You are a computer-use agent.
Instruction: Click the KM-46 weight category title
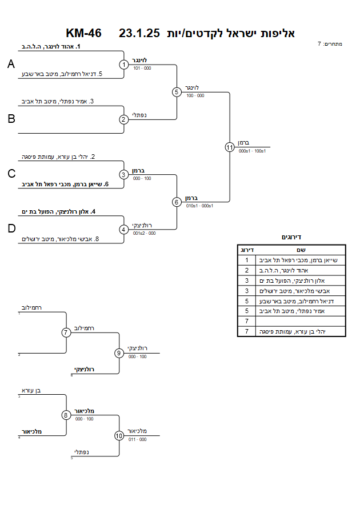[84, 33]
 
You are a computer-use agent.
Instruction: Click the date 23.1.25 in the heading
[139, 33]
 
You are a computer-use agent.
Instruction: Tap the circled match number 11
[230, 147]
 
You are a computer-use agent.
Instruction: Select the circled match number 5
[177, 92]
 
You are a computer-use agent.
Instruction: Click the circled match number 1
[123, 65]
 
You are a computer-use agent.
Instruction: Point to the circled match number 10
[119, 436]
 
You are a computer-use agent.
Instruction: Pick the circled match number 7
[66, 332]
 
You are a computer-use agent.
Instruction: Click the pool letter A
[11, 64]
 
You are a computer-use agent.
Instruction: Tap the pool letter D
[11, 229]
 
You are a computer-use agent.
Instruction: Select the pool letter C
[11, 174]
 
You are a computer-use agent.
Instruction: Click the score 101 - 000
[142, 68]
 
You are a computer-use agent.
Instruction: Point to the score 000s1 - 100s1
[252, 151]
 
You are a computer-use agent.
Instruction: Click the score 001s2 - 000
[144, 233]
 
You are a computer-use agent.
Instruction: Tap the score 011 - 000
[137, 439]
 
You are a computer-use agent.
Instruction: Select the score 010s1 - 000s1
[199, 206]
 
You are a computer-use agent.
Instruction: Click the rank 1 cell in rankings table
[247, 260]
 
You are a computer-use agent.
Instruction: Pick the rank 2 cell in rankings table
[247, 270]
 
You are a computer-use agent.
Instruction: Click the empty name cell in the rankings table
[301, 322]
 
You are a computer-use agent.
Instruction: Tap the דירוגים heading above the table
[291, 237]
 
